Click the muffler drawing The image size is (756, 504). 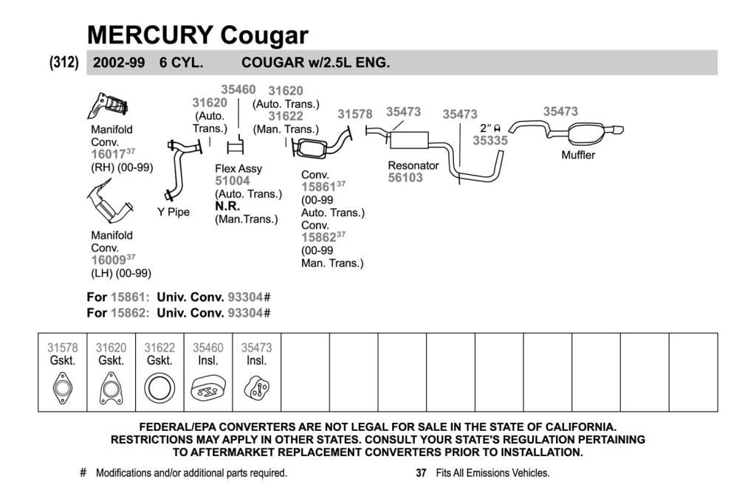585,134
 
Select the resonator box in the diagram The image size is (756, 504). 409,139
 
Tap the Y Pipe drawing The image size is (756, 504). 179,169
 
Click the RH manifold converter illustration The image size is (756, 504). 107,106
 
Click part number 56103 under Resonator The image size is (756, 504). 405,178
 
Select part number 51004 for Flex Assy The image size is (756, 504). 233,181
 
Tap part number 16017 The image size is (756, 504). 109,154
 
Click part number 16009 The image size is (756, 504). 109,260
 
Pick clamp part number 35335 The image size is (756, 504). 490,141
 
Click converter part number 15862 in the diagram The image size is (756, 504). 319,238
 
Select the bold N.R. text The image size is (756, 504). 227,206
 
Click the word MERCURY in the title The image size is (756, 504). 150,35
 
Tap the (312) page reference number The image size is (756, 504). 63,62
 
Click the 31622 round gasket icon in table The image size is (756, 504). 159,388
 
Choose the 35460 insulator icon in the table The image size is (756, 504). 207,388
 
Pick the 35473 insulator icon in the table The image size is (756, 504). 256,388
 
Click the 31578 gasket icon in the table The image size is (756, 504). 63,388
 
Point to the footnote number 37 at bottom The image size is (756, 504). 421,473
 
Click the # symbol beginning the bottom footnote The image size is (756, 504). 83,473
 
